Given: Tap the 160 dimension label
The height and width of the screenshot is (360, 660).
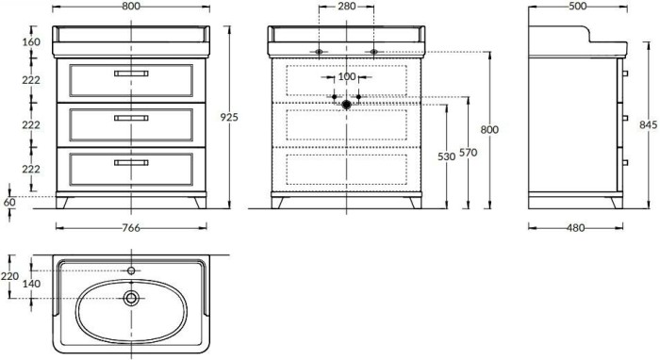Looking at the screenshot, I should click(x=31, y=42).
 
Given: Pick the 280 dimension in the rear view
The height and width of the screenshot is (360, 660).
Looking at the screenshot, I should click(x=346, y=6).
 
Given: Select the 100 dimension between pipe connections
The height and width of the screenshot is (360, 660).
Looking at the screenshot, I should click(x=346, y=75).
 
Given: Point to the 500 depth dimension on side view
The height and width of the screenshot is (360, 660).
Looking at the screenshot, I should click(x=574, y=6).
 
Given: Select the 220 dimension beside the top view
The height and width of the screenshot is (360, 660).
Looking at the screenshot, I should click(x=9, y=276).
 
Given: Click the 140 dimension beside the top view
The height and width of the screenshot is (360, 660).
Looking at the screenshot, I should click(x=31, y=283).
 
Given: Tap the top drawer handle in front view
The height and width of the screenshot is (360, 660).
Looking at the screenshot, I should click(x=131, y=74).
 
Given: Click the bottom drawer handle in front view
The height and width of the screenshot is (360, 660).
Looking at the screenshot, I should click(x=131, y=162).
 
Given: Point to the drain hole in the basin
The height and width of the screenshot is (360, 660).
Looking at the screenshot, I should click(x=130, y=299).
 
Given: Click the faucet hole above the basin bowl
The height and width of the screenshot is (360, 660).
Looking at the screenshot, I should click(x=130, y=270).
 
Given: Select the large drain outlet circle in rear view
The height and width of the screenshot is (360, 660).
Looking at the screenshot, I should click(x=346, y=104).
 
